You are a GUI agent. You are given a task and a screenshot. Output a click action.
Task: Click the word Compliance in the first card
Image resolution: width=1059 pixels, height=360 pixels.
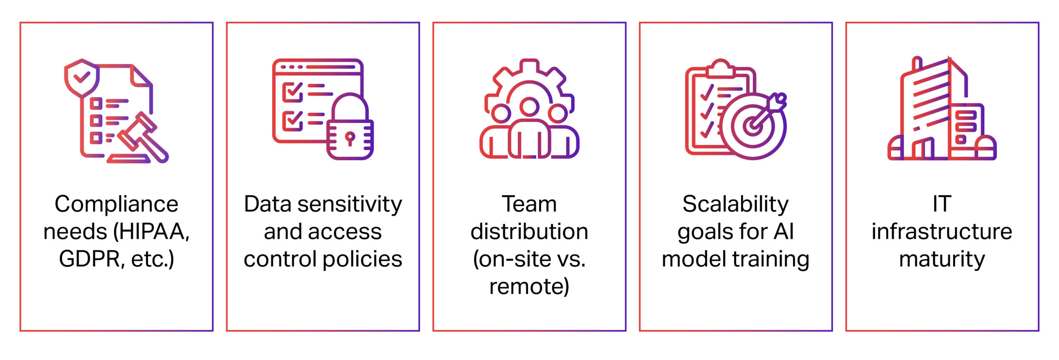click(x=116, y=204)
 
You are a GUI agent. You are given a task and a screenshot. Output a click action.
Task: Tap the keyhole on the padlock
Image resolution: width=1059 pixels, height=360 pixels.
click(x=350, y=138)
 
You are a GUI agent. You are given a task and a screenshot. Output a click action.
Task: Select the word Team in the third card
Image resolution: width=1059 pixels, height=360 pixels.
click(x=529, y=204)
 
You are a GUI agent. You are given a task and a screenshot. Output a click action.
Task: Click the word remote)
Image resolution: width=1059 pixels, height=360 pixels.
click(x=529, y=286)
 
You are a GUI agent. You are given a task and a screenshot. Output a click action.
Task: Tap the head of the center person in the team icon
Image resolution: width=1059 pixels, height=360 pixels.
click(x=529, y=107)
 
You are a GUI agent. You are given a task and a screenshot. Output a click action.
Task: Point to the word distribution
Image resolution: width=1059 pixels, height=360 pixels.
click(x=529, y=231)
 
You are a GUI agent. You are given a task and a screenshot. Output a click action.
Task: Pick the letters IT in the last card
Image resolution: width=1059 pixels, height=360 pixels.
click(x=942, y=204)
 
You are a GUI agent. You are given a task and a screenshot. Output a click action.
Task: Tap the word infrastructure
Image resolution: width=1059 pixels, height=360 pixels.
click(x=942, y=231)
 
